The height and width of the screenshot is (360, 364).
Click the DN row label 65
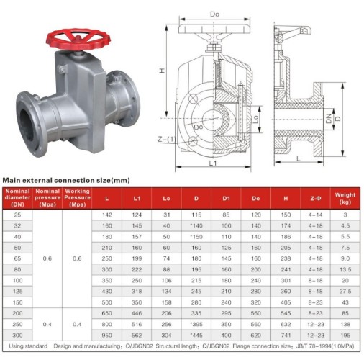coord(17,257)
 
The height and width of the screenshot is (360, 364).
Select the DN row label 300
coord(17,336)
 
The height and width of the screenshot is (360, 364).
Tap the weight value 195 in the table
coord(345,336)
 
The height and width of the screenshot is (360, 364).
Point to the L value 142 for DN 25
coord(107,215)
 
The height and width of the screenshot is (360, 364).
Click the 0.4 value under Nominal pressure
coord(47,325)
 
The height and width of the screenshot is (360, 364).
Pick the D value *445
coord(196,336)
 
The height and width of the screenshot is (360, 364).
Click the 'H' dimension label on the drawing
coord(163,71)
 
